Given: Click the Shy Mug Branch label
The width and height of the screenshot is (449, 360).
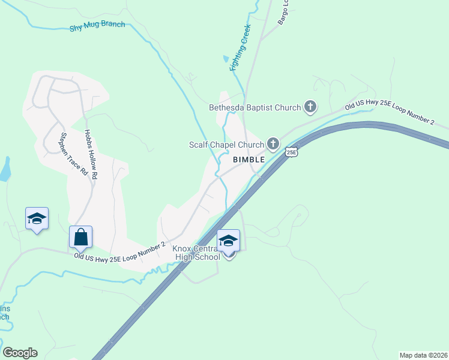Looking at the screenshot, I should pos(98,24).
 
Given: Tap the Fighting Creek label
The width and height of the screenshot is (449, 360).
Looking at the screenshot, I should pos(240,48).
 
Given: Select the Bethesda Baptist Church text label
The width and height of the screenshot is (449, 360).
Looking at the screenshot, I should pos(255,108).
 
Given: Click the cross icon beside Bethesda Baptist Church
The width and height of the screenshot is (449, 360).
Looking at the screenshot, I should pos(310,107).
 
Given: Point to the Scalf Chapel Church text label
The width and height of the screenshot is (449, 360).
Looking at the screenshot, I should pos(226,145).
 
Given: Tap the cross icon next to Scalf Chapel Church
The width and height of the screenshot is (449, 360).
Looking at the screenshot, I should pos(273,143).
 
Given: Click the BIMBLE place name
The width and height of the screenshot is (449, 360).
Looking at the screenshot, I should pos(249,160).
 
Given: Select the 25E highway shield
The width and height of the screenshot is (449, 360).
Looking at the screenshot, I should pos(291,152).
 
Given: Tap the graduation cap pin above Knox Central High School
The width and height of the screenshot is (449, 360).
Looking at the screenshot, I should pos(228,241).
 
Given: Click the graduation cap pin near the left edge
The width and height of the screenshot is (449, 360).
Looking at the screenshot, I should pos(37,218).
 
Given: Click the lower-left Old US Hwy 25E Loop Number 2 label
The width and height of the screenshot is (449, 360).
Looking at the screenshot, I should pos(120,255).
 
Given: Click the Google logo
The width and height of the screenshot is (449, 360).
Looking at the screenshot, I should pos(20,353).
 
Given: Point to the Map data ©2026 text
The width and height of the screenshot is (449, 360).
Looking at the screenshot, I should pos(423,355).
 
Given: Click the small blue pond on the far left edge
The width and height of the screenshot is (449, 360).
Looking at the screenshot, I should pos(5,169).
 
